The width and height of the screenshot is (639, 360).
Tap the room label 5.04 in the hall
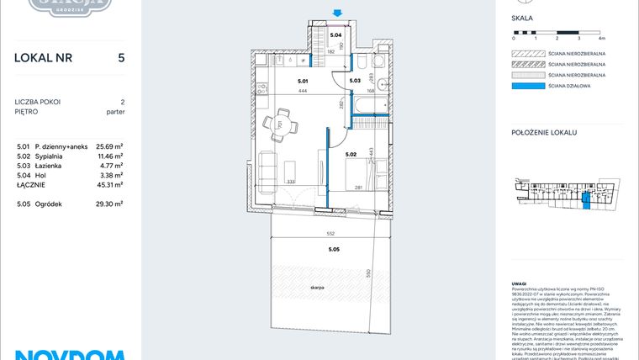point(335,35)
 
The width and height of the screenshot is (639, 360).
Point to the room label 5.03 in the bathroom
point(354,82)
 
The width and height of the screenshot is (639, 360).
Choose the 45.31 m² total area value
point(109,184)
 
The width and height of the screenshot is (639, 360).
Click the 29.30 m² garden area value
point(109,204)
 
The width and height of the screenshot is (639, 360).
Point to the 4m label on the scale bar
point(601,39)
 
